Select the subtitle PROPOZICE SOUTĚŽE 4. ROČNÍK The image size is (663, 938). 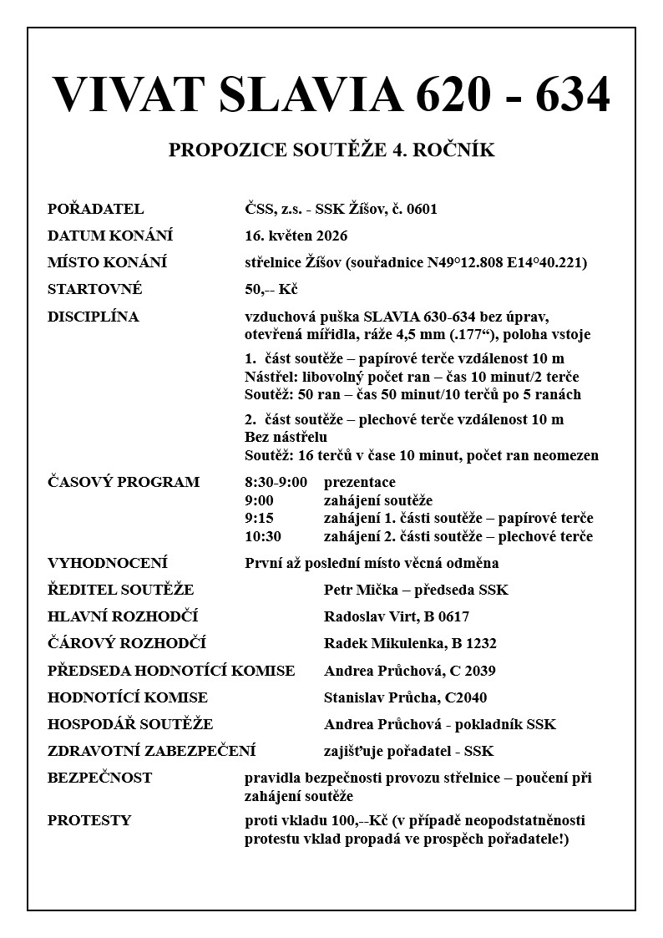[x=331, y=150]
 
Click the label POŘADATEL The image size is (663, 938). [x=95, y=209]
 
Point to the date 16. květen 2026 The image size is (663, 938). [x=296, y=236]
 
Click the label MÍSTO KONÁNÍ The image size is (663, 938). [x=107, y=262]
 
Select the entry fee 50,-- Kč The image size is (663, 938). [x=271, y=289]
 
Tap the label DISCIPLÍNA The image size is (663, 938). [x=94, y=317]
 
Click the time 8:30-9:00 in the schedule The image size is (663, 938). [x=276, y=482]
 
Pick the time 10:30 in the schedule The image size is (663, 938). [x=262, y=536]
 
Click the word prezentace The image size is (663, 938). [x=359, y=482]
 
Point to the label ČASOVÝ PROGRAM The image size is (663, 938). [x=124, y=482]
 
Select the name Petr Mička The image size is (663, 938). [x=361, y=590]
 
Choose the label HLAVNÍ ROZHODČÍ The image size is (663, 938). [x=122, y=616]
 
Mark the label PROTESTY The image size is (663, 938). [x=89, y=819]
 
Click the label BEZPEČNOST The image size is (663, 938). [x=99, y=778]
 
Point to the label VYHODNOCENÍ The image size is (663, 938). [x=108, y=563]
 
